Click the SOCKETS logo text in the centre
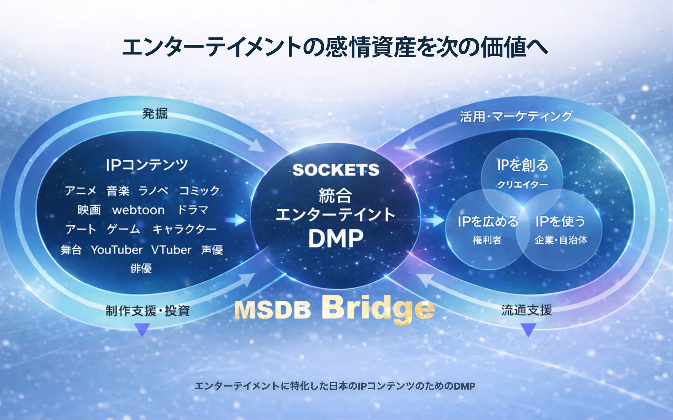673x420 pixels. point(336,170)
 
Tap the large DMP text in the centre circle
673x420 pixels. point(336,238)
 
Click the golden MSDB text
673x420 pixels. point(273,310)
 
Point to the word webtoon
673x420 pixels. point(138,210)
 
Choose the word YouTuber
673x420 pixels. point(117,250)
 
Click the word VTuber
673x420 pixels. point(171,250)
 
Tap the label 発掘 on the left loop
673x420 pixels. point(155,113)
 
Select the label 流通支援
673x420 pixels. point(527,310)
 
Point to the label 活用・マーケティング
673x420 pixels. point(516,117)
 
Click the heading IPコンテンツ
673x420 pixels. point(147,165)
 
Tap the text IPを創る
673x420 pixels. point(523,166)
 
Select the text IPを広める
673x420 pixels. point(488,221)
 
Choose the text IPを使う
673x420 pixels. point(560,221)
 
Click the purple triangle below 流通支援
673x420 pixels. point(528,329)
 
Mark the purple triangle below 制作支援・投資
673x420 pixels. point(142,329)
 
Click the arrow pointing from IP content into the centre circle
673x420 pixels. point(236,220)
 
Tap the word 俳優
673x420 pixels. point(141,268)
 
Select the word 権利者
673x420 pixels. point(487,240)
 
